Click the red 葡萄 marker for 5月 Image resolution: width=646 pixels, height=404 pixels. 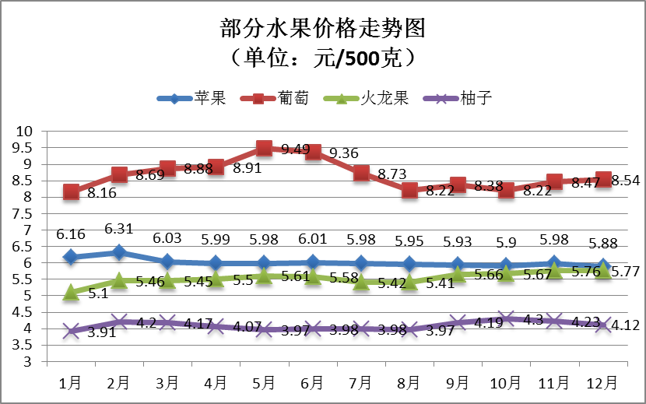[x=264, y=149]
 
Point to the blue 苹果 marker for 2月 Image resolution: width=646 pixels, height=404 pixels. [x=119, y=252]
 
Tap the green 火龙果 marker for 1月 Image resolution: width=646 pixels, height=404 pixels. [x=71, y=292]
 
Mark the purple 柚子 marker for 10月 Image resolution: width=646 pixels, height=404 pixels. [x=506, y=318]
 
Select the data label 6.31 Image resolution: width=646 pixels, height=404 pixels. [x=119, y=229]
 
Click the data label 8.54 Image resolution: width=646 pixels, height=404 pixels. [x=625, y=181]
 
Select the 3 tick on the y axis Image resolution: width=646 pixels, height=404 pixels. [x=27, y=361]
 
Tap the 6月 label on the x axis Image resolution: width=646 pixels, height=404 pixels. [x=311, y=382]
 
